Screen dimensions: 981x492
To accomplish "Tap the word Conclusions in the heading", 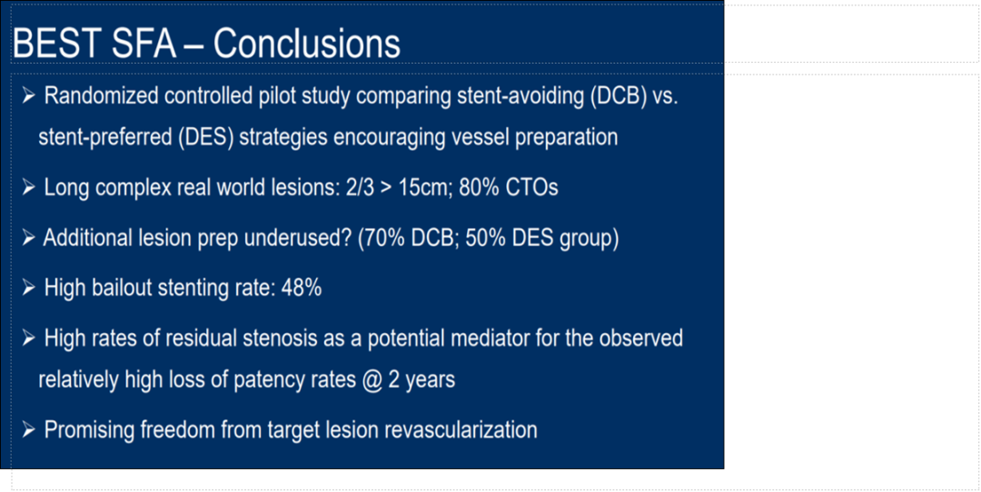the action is pyautogui.click(x=307, y=44).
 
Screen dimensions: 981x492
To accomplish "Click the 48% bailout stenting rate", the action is pyautogui.click(x=302, y=288).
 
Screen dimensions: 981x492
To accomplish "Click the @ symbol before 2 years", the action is pyautogui.click(x=372, y=379).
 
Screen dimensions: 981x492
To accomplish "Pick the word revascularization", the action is pyautogui.click(x=460, y=430).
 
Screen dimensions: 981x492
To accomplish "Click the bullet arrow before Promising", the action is pyautogui.click(x=29, y=430).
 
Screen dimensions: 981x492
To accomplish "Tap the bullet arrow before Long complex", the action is pyautogui.click(x=29, y=188).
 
